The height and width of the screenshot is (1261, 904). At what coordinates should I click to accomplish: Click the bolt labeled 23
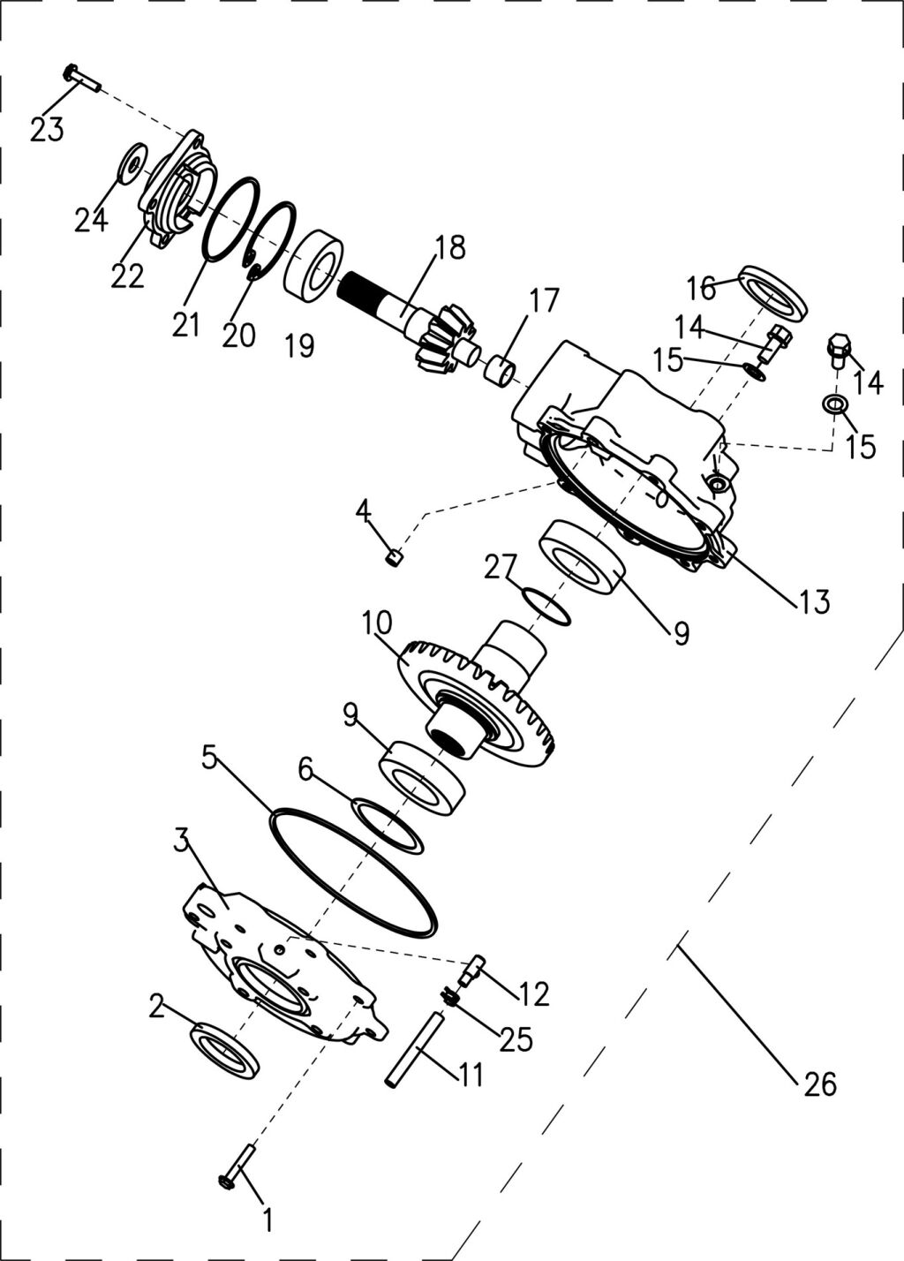click(x=80, y=79)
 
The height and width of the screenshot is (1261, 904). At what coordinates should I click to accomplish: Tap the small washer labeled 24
click(x=132, y=162)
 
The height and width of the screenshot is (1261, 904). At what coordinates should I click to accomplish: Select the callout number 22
click(x=127, y=276)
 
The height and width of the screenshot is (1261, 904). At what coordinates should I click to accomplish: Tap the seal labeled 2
click(x=225, y=1050)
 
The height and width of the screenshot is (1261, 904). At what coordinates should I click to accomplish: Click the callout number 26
click(x=820, y=1084)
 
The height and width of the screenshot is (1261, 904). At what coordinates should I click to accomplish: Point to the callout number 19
click(x=300, y=346)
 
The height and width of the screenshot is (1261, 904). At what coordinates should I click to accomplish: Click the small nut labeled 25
click(x=448, y=998)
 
